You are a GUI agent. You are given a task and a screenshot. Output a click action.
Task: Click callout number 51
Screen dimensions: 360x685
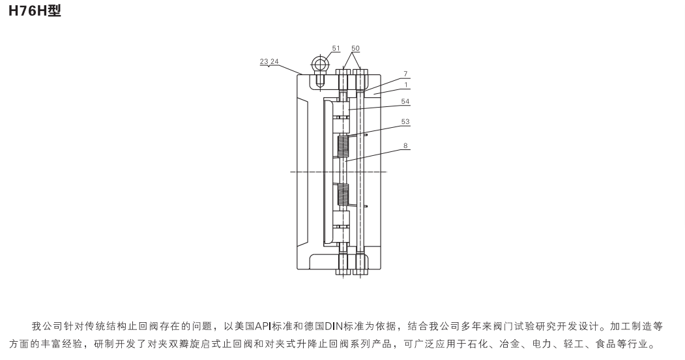point(336,49)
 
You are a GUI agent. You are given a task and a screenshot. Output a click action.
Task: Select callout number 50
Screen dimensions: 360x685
point(355,49)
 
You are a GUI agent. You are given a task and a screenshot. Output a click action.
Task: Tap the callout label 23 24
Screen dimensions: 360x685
point(269,61)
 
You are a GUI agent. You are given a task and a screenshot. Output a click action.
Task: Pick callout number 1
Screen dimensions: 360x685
point(405,84)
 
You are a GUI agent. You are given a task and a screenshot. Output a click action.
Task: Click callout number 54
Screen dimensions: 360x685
point(405,101)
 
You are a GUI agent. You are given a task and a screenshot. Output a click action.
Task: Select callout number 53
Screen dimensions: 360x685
point(405,122)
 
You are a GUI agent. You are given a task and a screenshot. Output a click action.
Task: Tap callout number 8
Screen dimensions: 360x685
point(405,147)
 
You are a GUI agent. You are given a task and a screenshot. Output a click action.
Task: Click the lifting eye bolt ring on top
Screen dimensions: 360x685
point(320,63)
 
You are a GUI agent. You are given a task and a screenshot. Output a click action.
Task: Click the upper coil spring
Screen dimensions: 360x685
point(343,147)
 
